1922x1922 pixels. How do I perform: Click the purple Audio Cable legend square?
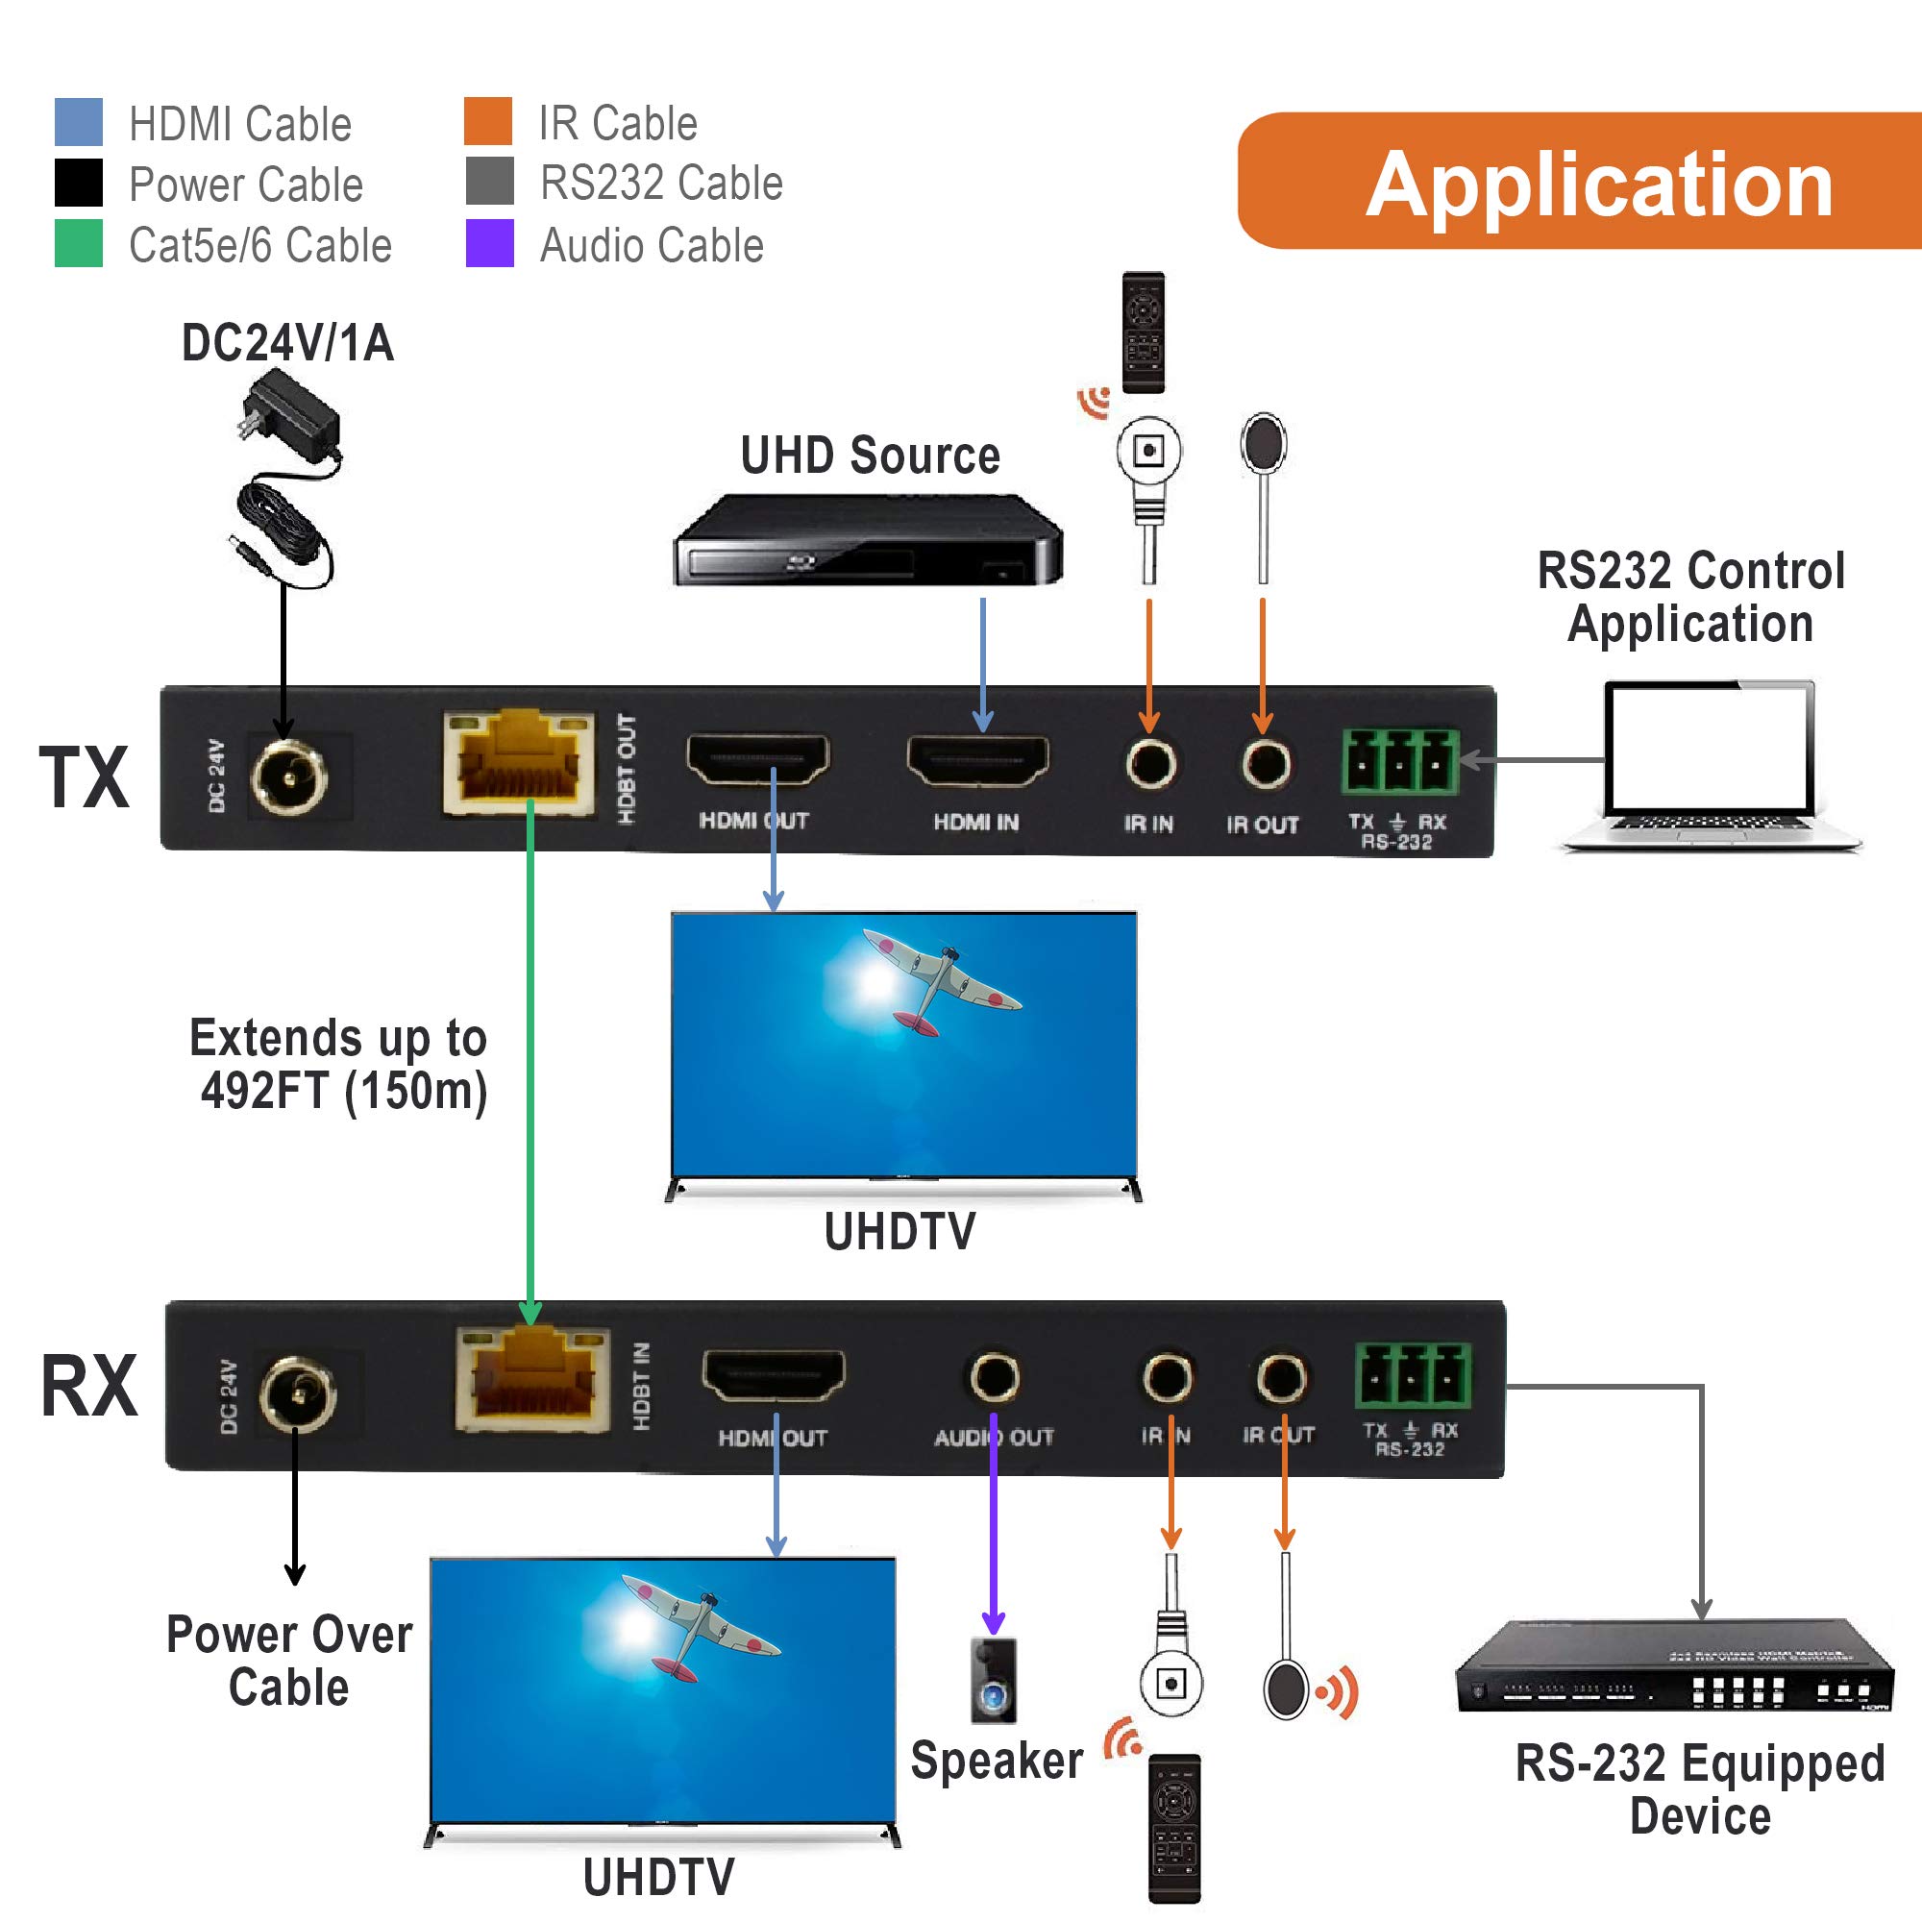pos(489,243)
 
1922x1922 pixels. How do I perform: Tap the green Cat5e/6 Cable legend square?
pos(79,243)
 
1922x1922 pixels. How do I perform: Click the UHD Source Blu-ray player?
pos(868,541)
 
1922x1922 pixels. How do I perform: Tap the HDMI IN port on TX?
pos(978,762)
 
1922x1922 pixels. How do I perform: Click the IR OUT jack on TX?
pos(1265,764)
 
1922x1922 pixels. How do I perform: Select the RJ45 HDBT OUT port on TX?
pos(518,764)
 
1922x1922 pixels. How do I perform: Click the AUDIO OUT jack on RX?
pos(994,1378)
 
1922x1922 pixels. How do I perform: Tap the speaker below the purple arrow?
pos(994,1681)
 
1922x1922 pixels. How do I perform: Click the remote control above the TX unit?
pos(1143,333)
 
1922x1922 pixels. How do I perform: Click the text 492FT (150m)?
pos(344,1092)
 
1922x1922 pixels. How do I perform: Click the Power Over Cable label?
pos(288,1662)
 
